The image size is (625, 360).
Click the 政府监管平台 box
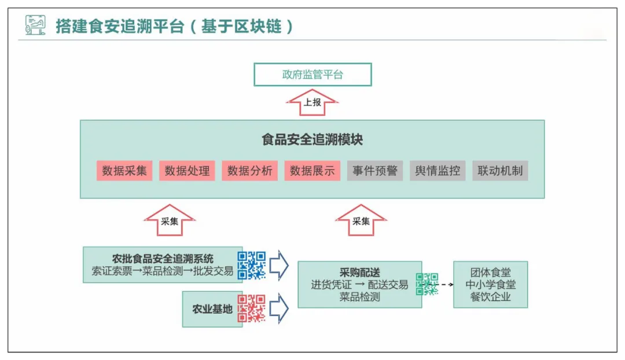pyautogui.click(x=312, y=75)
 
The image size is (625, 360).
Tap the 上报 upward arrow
pyautogui.click(x=312, y=103)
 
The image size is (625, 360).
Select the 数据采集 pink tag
pyautogui.click(x=124, y=171)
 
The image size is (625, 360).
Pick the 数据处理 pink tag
pyautogui.click(x=187, y=171)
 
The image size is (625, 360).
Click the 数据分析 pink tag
pyautogui.click(x=249, y=171)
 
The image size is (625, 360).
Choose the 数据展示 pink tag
pyautogui.click(x=312, y=171)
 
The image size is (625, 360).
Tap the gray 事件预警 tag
pyautogui.click(x=374, y=171)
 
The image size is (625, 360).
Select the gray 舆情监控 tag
pyautogui.click(x=437, y=171)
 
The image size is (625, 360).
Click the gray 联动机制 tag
pyautogui.click(x=500, y=171)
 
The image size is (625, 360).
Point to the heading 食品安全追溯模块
pyautogui.click(x=312, y=140)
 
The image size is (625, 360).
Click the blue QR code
pyautogui.click(x=252, y=265)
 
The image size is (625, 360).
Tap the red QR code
pyautogui.click(x=252, y=308)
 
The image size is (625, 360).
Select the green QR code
pyautogui.click(x=427, y=284)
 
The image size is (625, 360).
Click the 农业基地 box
pyautogui.click(x=212, y=309)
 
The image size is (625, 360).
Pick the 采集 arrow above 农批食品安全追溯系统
pyautogui.click(x=169, y=221)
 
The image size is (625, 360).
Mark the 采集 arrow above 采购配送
pyautogui.click(x=361, y=221)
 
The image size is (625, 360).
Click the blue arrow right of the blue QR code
pyautogui.click(x=280, y=265)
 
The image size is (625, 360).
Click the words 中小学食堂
pyautogui.click(x=491, y=285)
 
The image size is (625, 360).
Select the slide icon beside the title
pyautogui.click(x=36, y=25)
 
